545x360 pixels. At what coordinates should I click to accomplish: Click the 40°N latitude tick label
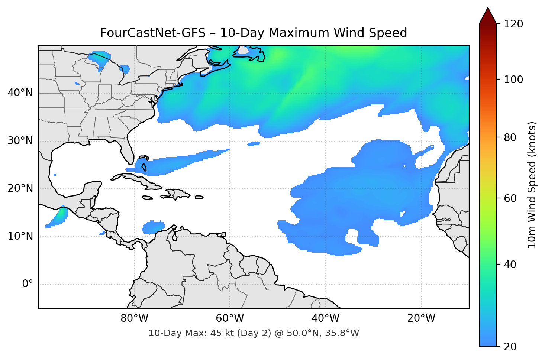tap(20, 93)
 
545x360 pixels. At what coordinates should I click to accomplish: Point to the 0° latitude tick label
tap(28, 284)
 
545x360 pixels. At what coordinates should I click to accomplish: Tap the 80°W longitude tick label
tap(134, 318)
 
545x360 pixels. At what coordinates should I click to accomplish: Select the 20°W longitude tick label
tap(421, 318)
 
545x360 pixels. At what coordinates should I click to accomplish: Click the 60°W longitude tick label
tap(230, 318)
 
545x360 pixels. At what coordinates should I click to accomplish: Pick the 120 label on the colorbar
tap(513, 24)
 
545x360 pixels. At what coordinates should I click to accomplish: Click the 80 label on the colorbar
tap(509, 137)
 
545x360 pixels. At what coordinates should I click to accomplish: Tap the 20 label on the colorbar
tap(509, 347)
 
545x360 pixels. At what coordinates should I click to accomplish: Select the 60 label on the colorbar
tap(509, 198)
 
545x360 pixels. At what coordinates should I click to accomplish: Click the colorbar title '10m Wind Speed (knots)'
tap(532, 185)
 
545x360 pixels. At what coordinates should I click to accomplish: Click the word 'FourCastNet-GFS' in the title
tap(152, 33)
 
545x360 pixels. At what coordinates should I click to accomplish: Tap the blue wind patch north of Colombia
tap(153, 227)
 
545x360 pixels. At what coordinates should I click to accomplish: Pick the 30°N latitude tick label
tap(20, 141)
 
